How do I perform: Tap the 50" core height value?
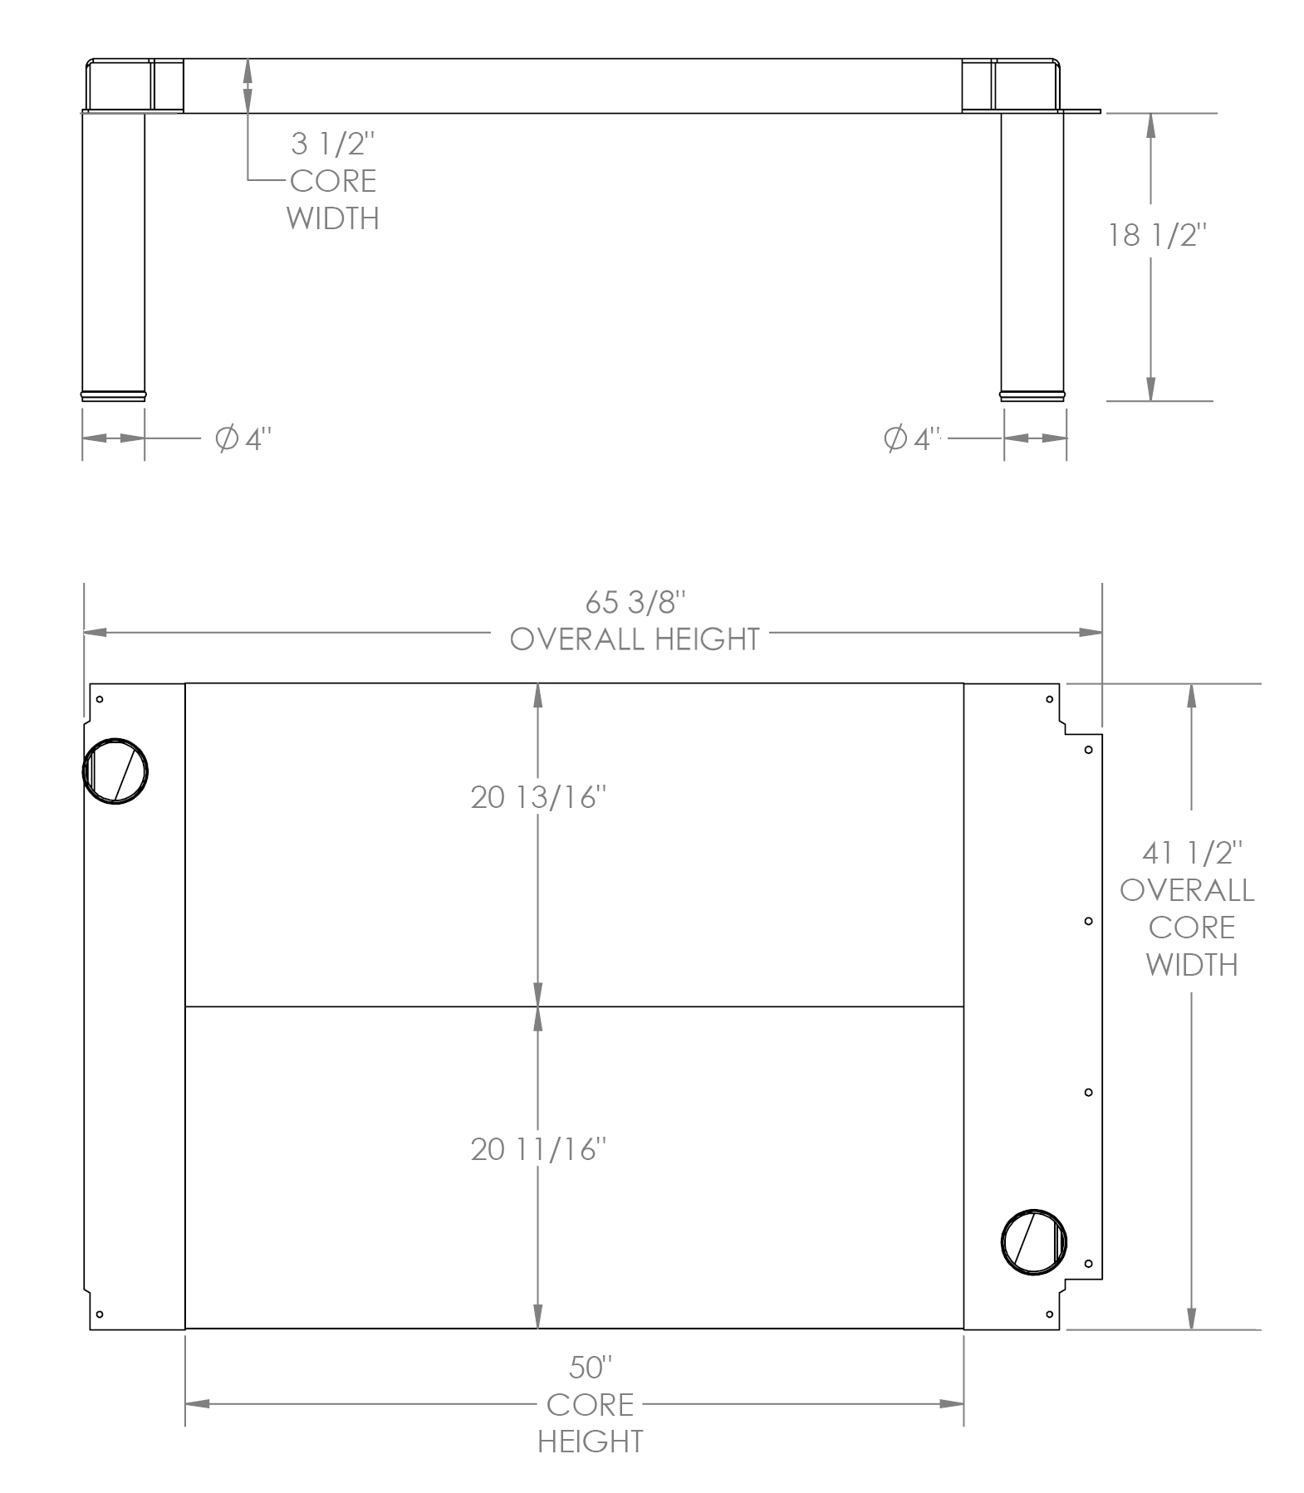click(591, 1367)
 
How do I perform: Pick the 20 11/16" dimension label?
click(538, 1149)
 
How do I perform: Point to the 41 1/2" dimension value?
click(1192, 852)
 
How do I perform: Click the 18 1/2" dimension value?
click(1155, 236)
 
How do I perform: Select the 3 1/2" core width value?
click(333, 144)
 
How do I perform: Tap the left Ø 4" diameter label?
click(243, 438)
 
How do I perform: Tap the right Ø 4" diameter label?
click(912, 438)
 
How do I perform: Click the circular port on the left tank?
click(115, 770)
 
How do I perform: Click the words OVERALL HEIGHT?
click(635, 639)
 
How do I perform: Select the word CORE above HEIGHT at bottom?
click(590, 1404)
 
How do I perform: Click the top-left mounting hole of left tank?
click(100, 699)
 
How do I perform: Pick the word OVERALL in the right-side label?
click(1188, 890)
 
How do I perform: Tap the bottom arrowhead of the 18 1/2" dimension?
click(1150, 389)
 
